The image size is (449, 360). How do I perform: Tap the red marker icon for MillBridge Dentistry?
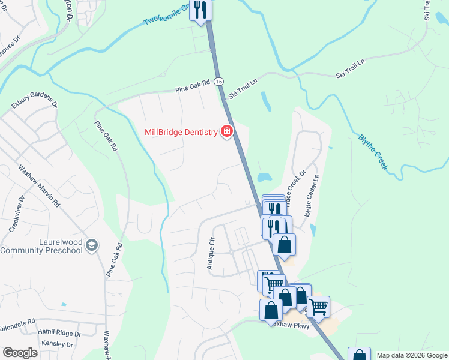click(x=227, y=131)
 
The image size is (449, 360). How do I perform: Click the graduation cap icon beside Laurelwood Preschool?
click(x=91, y=245)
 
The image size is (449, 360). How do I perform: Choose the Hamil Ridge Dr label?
click(x=59, y=333)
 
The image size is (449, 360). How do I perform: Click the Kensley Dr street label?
click(x=58, y=344)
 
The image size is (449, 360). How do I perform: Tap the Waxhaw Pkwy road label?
click(x=289, y=325)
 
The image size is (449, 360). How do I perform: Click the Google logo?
click(x=20, y=353)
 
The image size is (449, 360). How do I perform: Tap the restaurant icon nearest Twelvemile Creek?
click(x=200, y=10)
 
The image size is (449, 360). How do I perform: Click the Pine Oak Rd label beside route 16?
click(x=193, y=86)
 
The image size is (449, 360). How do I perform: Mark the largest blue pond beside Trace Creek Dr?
click(x=263, y=178)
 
